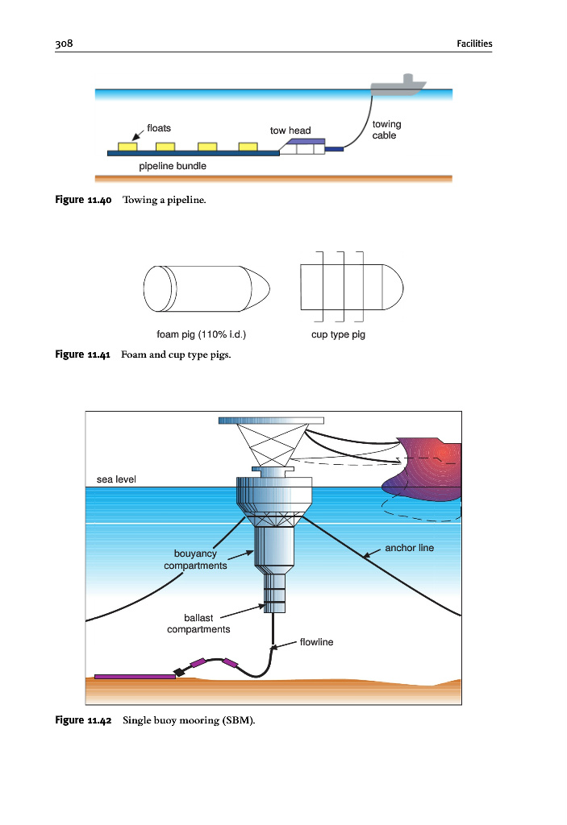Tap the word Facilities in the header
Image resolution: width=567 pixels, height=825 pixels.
coord(473,44)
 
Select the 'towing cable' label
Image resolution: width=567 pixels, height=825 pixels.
coord(386,130)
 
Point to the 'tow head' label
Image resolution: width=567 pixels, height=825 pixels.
coord(290,131)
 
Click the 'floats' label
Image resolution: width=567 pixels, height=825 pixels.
coord(158,128)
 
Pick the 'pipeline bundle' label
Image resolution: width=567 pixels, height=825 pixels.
coord(173,166)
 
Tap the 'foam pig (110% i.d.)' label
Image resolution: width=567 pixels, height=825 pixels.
coord(201,334)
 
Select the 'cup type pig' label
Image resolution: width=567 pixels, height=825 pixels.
coord(338,334)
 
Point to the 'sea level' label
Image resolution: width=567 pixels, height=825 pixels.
coord(116,479)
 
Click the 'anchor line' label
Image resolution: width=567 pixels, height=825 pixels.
coord(409,548)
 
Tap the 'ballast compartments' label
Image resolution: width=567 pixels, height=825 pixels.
coord(198,623)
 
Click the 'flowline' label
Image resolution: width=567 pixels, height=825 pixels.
coord(316,642)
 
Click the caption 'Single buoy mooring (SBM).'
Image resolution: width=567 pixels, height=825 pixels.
coord(189,719)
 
